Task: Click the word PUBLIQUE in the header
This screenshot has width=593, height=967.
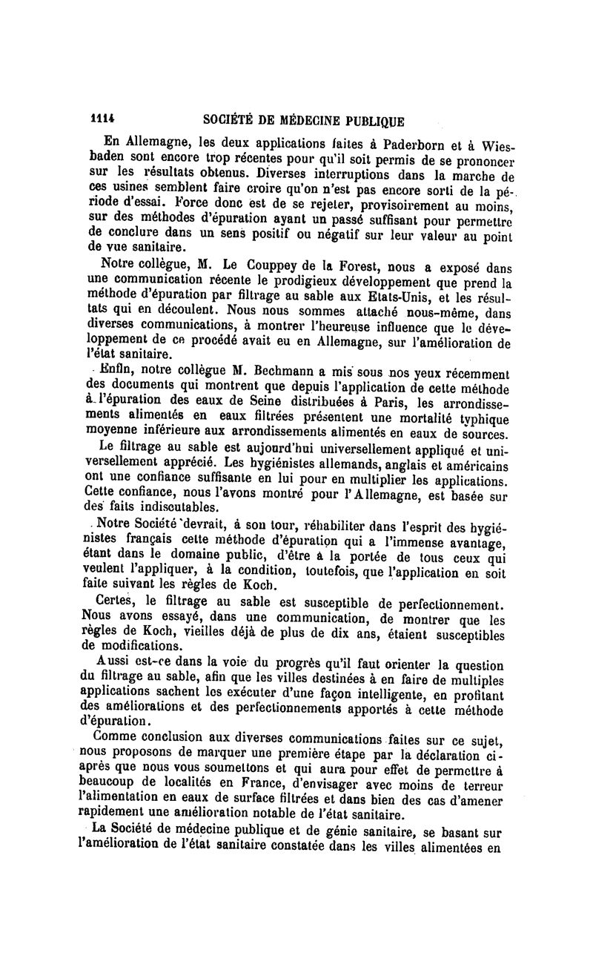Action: coord(369,121)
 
